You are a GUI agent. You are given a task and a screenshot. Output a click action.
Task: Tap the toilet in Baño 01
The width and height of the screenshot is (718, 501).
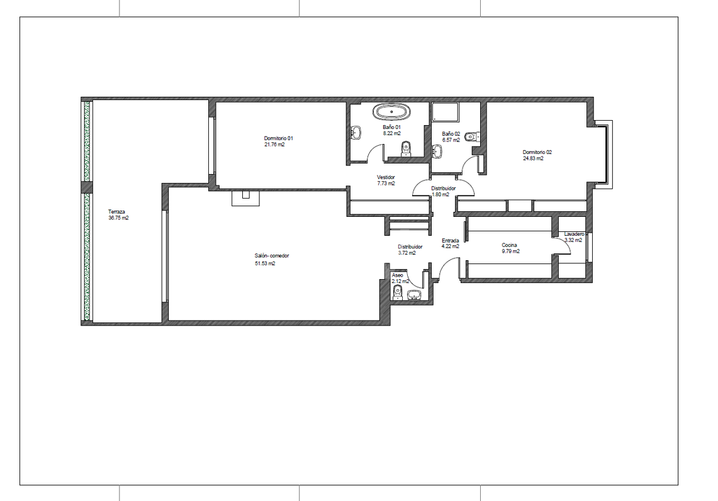point(406,149)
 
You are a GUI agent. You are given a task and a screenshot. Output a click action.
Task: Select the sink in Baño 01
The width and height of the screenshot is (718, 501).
point(356,133)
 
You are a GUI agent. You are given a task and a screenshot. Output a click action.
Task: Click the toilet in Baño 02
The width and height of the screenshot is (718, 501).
point(472,136)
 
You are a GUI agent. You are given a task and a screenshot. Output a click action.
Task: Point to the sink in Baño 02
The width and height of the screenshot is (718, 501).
point(438,151)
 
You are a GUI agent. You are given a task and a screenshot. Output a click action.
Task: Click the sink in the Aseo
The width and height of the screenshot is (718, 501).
point(415,295)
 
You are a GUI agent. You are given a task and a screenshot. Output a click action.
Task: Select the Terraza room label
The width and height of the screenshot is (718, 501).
point(116,212)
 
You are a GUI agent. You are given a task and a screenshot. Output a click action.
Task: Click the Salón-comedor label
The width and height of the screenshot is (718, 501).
point(272,256)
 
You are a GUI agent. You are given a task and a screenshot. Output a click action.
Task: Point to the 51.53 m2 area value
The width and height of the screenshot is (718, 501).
point(265,263)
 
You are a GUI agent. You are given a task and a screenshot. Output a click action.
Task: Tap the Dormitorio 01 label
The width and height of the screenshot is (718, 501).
point(278,138)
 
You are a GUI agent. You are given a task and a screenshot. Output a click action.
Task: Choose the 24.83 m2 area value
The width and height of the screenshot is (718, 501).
point(534,158)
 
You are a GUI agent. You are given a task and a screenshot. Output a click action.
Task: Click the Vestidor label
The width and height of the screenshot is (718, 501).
point(386,177)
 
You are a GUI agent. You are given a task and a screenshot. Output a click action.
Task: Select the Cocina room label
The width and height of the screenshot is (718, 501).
point(509,245)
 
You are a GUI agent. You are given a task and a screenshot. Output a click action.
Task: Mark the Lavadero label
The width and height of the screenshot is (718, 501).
point(575,234)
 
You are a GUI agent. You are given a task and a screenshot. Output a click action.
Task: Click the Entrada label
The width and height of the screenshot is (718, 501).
point(450,241)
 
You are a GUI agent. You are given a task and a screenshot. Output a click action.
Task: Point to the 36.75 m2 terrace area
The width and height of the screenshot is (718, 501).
point(118,218)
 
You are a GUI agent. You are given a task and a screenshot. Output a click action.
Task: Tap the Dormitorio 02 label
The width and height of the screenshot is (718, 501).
point(537,152)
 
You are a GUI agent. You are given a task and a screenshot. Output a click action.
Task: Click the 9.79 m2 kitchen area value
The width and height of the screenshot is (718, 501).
point(510,251)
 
